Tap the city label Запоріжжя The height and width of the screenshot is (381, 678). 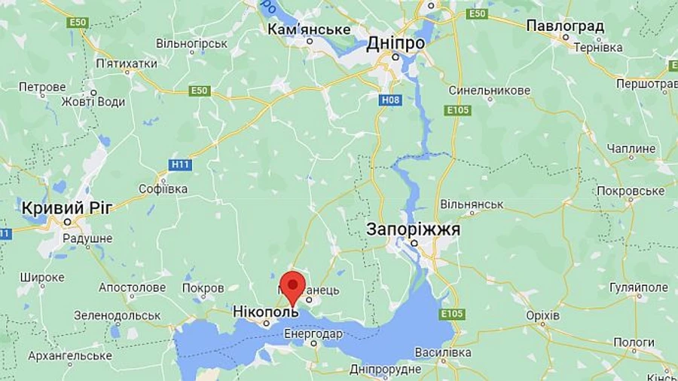pos(413,229)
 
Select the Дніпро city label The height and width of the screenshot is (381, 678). pos(395,44)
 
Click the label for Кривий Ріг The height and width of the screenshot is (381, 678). pos(67,207)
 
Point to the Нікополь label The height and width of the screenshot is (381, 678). pos(265,312)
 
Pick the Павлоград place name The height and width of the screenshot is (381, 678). pos(565,26)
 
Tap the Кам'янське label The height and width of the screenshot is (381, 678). pos(310,29)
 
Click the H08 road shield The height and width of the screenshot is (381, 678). pos(389,99)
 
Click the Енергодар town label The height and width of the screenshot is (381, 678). pos(313,333)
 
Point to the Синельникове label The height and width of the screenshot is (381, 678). pos(490,91)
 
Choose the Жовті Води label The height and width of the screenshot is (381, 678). pos(93,102)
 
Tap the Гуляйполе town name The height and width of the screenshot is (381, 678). pos(638,287)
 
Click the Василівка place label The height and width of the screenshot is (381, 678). pos(443,352)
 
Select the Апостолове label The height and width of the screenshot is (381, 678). pos(132,287)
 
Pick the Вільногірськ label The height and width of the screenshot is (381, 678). pos(192,44)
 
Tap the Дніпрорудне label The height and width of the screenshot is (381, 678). pos(385,369)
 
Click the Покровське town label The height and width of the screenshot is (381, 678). pos(631,191)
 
